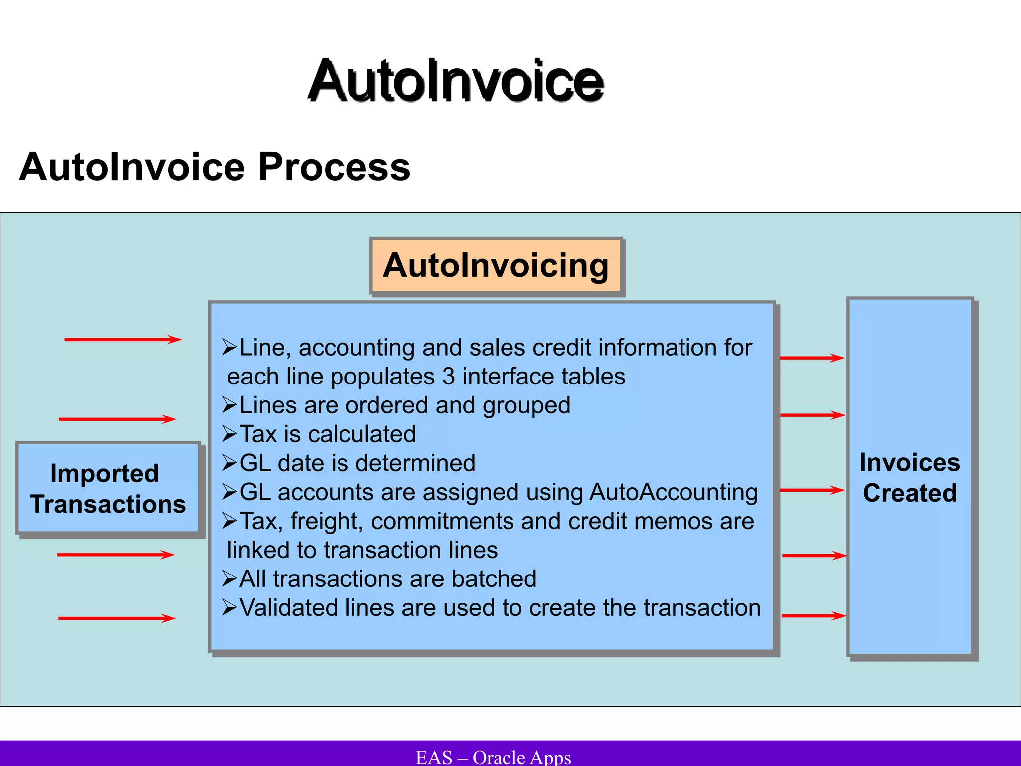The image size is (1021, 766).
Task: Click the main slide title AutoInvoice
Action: [456, 81]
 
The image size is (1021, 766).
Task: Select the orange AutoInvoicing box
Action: [496, 266]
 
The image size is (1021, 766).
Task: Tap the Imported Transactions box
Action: [108, 489]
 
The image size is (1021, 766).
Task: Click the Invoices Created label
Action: [910, 478]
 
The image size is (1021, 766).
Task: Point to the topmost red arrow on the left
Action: [123, 340]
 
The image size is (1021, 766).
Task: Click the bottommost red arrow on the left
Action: [117, 618]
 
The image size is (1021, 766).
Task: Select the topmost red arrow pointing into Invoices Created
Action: [812, 358]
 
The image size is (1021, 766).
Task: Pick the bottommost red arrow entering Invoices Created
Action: [813, 616]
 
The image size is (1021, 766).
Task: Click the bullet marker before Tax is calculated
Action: [229, 434]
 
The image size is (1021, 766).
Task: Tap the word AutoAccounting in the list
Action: [673, 492]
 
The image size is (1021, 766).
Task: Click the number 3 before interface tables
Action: [448, 377]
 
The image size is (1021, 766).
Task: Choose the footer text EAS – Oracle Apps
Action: [493, 757]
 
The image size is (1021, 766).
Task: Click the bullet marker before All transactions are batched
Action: [229, 579]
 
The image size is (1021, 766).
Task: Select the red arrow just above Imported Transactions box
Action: [118, 419]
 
